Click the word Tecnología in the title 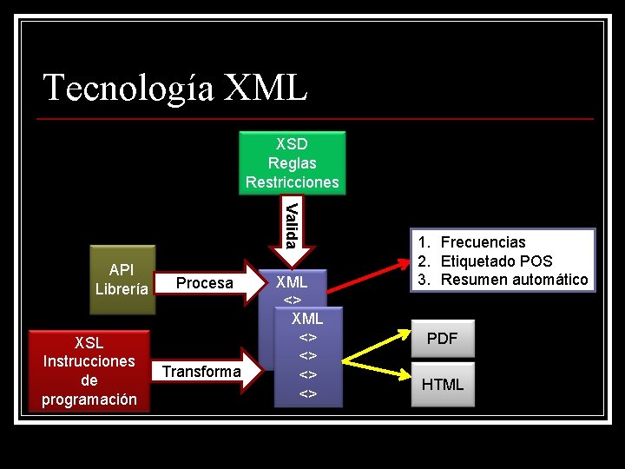pos(128,88)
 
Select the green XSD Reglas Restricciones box pos(293,162)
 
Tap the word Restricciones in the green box pos(293,182)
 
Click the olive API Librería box pos(122,279)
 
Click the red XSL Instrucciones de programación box pos(89,370)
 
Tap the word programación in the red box pos(89,400)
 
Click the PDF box pos(442,339)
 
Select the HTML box pos(442,384)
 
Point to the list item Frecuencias pos(483,242)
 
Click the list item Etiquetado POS pos(496,261)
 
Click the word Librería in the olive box pos(122,289)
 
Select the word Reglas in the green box pos(293,162)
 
